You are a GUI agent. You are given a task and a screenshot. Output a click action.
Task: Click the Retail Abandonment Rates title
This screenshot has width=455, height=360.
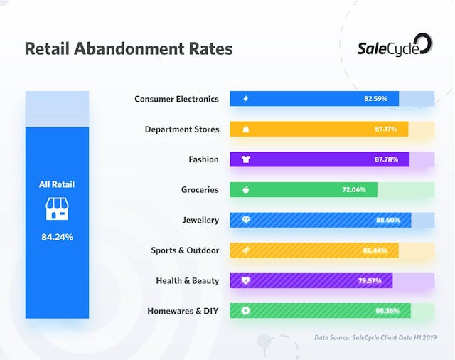pos(128,49)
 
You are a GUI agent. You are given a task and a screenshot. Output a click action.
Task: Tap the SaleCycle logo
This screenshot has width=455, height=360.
pos(394,45)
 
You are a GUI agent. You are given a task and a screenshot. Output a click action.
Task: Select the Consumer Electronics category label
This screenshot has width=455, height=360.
pos(176,99)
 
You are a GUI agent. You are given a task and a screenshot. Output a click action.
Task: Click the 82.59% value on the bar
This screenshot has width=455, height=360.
pos(375,99)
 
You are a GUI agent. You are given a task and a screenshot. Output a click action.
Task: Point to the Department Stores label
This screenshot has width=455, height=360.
pos(181,129)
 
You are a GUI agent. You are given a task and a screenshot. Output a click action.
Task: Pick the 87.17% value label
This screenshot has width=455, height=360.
pos(387,129)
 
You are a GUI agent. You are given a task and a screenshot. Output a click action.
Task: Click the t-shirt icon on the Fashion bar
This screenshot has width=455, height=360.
pos(246,159)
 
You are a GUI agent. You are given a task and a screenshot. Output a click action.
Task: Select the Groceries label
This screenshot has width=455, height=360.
pos(200,190)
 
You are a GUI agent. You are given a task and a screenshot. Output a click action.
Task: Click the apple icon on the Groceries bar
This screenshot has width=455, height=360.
pos(246,190)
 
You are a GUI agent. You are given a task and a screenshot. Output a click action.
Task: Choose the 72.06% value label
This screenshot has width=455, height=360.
pos(354,190)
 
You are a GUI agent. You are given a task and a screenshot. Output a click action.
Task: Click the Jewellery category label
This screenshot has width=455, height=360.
pos(200,221)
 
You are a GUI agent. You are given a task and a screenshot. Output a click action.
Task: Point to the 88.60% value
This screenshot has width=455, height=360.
pos(388,221)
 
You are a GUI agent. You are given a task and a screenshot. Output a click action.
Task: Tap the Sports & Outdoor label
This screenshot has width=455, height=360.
pos(185,250)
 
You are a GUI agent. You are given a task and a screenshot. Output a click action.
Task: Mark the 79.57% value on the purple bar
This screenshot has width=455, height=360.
pos(370,281)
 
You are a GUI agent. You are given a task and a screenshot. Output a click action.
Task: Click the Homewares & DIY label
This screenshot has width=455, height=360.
pos(183,311)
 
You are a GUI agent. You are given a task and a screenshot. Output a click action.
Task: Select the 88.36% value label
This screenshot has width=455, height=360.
pos(387,311)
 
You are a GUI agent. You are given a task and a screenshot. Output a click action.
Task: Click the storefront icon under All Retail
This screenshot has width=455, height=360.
pos(57,208)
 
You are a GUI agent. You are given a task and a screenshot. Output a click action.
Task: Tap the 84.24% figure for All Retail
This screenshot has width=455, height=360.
pos(57,237)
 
